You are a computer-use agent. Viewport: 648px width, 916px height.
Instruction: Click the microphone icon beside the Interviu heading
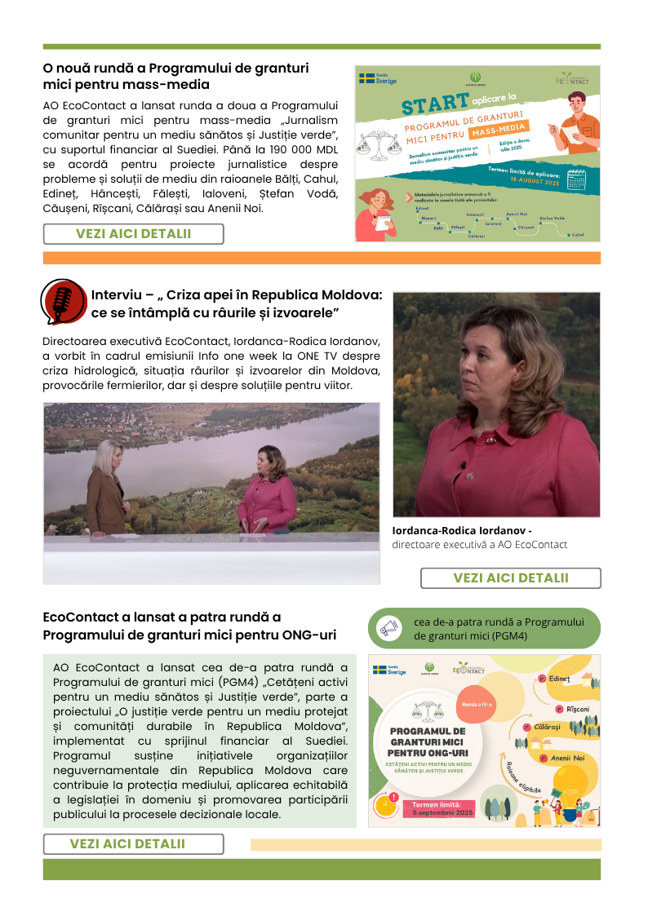click(63, 301)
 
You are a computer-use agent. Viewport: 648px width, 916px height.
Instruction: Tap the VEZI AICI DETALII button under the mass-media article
click(133, 234)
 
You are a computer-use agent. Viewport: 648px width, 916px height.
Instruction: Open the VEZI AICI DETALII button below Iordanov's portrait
click(510, 578)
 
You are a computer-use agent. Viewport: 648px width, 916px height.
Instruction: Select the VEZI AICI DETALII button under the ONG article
click(133, 844)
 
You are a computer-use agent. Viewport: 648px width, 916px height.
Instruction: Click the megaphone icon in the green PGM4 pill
click(389, 628)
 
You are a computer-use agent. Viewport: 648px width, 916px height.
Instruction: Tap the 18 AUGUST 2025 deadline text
click(535, 176)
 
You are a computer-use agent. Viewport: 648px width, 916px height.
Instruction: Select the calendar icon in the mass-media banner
click(577, 179)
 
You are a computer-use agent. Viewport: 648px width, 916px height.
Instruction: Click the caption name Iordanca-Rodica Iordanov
click(462, 531)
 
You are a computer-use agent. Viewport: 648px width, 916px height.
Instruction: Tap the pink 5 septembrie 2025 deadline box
click(439, 808)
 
